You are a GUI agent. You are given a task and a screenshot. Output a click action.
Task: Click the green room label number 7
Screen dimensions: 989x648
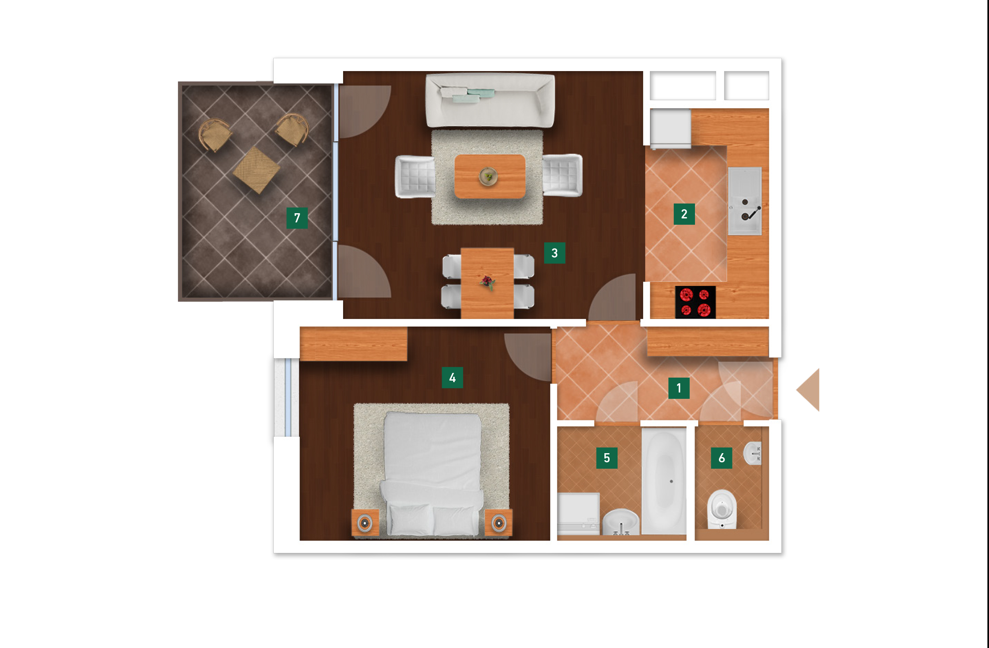click(x=297, y=218)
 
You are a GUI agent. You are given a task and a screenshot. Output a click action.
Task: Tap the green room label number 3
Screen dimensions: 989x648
click(x=554, y=253)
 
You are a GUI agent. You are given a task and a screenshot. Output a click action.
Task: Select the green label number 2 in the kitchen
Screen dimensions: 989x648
click(x=684, y=214)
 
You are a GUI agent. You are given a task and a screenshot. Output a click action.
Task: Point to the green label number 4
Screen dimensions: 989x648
click(x=452, y=378)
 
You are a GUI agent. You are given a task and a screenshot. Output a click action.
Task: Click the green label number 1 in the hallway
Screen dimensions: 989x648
click(x=679, y=388)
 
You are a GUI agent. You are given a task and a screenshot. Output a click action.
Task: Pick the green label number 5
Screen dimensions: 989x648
click(x=607, y=458)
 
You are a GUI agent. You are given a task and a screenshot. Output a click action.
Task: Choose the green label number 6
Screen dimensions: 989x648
click(x=721, y=458)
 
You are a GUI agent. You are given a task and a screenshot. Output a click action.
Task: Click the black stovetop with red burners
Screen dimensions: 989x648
click(x=695, y=302)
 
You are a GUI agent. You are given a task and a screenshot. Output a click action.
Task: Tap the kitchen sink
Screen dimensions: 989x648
click(x=745, y=201)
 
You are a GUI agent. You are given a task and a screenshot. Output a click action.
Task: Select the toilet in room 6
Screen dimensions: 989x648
click(x=722, y=509)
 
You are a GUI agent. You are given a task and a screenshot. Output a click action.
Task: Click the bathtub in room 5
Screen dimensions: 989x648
click(x=664, y=480)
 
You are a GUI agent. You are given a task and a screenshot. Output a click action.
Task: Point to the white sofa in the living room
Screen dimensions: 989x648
click(x=490, y=100)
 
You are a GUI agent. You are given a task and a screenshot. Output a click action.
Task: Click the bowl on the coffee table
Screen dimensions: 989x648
click(x=488, y=176)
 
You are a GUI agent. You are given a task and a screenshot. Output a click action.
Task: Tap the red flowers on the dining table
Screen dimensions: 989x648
click(x=487, y=282)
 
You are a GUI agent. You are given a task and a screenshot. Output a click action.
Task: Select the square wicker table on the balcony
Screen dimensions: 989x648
click(x=257, y=170)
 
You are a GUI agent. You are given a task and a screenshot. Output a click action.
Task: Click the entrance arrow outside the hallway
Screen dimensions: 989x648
click(x=808, y=390)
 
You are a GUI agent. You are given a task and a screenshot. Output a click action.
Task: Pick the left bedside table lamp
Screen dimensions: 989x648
click(x=365, y=522)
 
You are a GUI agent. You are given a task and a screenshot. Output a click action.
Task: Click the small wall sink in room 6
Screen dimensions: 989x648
click(x=752, y=453)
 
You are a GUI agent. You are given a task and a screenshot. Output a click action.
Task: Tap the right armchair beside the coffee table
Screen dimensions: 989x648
click(x=562, y=175)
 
